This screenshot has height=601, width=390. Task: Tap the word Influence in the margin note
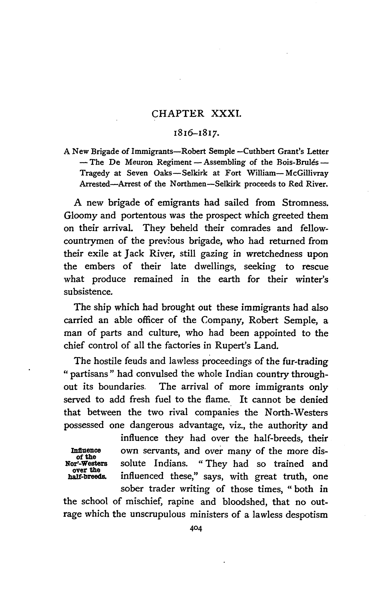point(86,451)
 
